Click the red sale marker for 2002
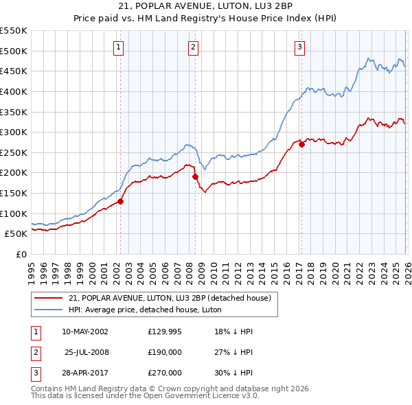point(120,201)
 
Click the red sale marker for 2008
point(195,176)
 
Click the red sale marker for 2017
point(301,145)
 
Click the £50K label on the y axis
point(15,234)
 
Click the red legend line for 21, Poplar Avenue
point(49,298)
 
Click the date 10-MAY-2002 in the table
point(85,331)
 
